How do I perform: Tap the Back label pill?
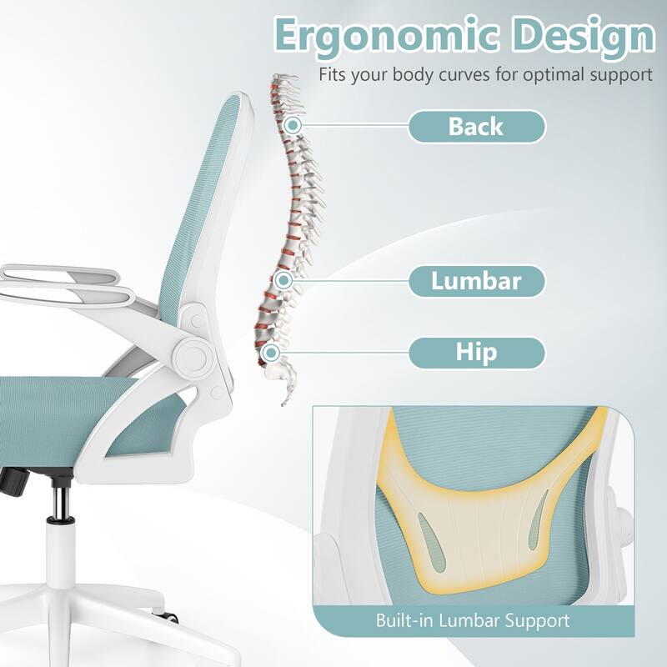476,127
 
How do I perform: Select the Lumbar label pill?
476,281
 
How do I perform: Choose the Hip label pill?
476,352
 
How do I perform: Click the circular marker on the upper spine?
293,125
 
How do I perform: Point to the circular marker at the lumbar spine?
283,281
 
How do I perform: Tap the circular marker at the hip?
269,353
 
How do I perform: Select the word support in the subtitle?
619,74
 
